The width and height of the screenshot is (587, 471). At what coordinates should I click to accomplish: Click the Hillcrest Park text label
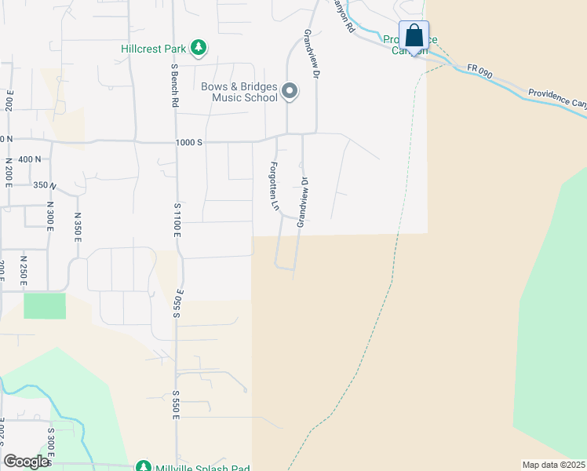click(x=153, y=49)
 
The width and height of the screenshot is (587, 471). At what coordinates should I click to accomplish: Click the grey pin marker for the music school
click(x=290, y=92)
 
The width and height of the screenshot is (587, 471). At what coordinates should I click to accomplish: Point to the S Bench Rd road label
click(x=174, y=87)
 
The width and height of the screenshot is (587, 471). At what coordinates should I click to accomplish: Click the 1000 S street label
click(x=189, y=142)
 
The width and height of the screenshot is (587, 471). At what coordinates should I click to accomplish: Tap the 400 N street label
click(x=29, y=159)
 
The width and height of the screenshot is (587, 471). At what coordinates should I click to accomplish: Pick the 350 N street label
click(x=45, y=185)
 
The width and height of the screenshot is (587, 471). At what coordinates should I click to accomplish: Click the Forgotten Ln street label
click(x=275, y=186)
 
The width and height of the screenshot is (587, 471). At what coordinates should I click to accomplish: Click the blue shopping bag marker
click(x=414, y=37)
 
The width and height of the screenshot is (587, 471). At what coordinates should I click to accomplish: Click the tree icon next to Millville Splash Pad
click(x=143, y=467)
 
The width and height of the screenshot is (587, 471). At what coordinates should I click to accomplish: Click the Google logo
click(x=26, y=462)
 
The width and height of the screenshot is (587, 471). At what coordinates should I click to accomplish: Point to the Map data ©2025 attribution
click(x=553, y=465)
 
